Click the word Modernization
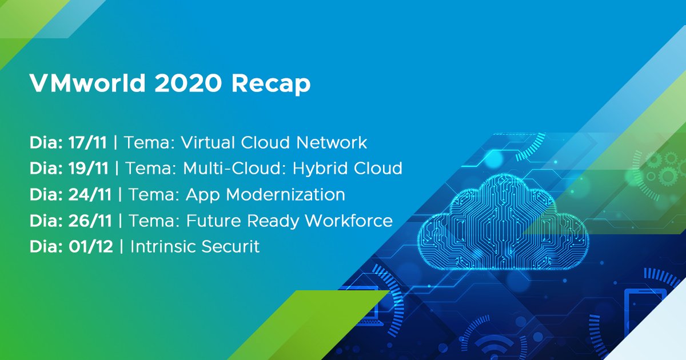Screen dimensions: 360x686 coord(286,195)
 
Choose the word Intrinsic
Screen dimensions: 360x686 coord(163,247)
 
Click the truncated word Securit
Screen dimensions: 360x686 coord(230,247)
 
